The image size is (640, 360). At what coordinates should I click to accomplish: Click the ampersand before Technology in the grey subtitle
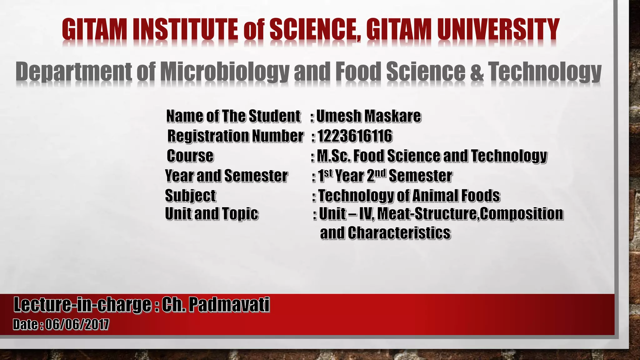tap(476, 72)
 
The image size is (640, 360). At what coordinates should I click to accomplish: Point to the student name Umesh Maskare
tap(369, 116)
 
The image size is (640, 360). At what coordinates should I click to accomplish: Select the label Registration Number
tap(235, 136)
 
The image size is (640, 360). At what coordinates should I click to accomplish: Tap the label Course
tap(190, 156)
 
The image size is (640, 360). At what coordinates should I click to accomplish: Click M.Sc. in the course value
tap(333, 156)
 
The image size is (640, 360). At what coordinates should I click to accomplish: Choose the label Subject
tap(190, 196)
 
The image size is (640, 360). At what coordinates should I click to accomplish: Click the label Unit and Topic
tap(212, 214)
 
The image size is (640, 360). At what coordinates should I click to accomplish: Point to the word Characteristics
tap(399, 233)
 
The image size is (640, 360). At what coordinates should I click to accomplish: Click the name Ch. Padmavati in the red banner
tap(215, 305)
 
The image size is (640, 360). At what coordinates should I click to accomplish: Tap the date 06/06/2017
tap(77, 324)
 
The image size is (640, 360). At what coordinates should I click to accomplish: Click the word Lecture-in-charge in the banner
tap(82, 305)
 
